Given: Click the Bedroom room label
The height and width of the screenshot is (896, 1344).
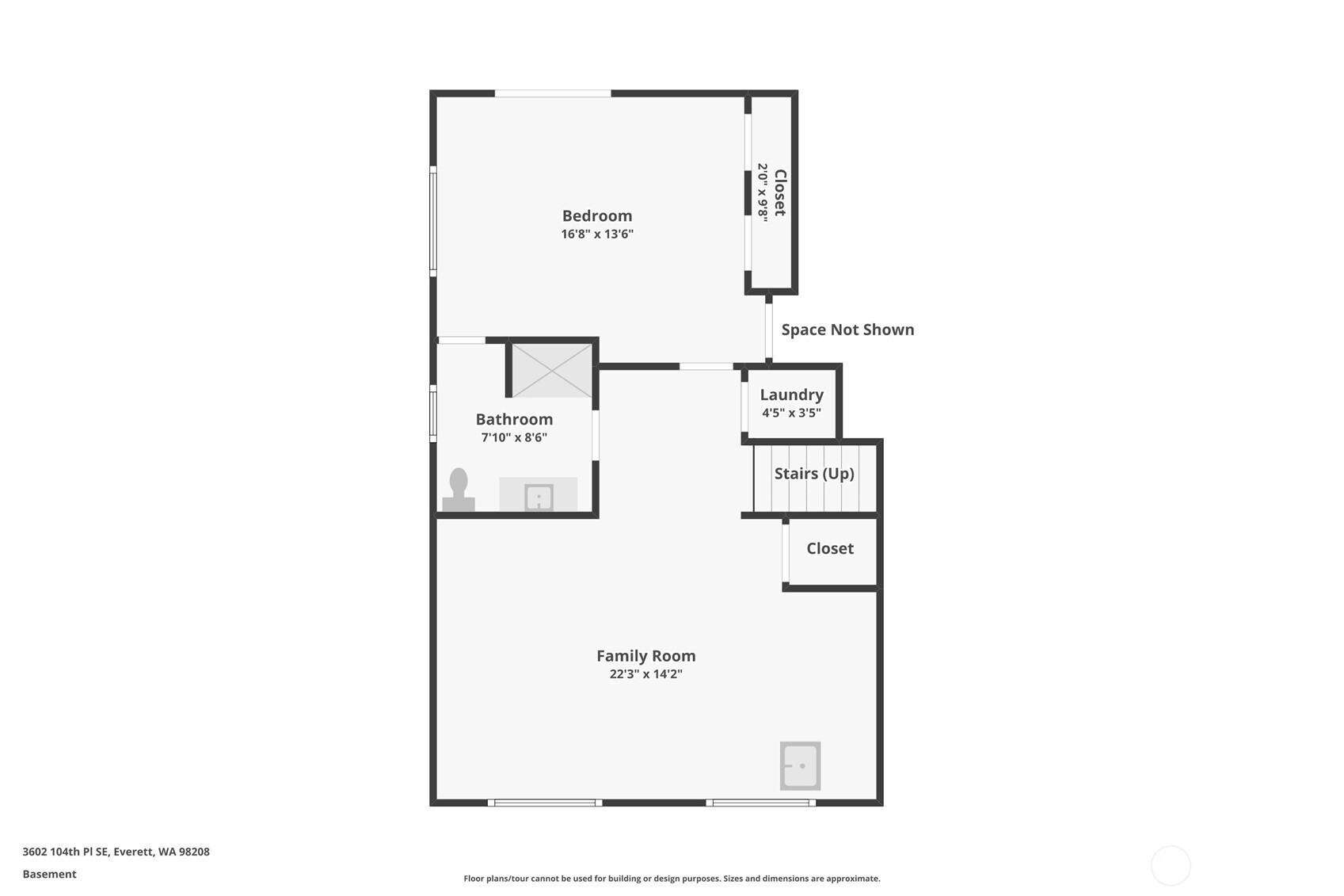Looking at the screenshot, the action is tap(597, 216).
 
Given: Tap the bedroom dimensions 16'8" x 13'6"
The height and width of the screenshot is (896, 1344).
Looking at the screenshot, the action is tap(597, 234).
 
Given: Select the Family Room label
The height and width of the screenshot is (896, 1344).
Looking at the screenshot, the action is tap(646, 656).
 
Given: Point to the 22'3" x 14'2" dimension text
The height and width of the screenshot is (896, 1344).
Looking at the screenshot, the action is tap(646, 674).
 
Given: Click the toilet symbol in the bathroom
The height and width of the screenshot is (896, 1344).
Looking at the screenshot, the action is tap(459, 490).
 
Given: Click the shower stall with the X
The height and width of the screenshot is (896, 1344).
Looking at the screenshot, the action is tap(551, 370).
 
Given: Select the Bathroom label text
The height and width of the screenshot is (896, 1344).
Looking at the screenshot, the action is tap(514, 419).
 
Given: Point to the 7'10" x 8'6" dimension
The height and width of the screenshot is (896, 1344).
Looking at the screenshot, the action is tap(514, 437).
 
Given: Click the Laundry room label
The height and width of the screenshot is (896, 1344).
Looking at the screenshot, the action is tap(791, 395).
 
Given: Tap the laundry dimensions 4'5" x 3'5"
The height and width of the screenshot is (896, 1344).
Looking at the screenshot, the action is tap(791, 413).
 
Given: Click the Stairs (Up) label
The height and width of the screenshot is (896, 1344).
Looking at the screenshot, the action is tap(814, 474).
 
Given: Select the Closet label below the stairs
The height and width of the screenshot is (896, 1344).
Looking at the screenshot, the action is tap(830, 548).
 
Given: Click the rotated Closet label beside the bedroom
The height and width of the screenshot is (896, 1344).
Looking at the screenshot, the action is tap(780, 193).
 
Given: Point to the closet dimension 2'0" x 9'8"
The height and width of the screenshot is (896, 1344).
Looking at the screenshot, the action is tap(763, 193).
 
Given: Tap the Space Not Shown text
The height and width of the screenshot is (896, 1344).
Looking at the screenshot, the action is tap(847, 330).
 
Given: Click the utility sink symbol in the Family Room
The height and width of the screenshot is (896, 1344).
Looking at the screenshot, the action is tap(800, 766).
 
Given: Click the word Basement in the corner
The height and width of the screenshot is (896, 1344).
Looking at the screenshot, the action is tap(49, 875).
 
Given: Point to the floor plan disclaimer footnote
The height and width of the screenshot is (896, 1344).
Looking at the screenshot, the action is tap(672, 879).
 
